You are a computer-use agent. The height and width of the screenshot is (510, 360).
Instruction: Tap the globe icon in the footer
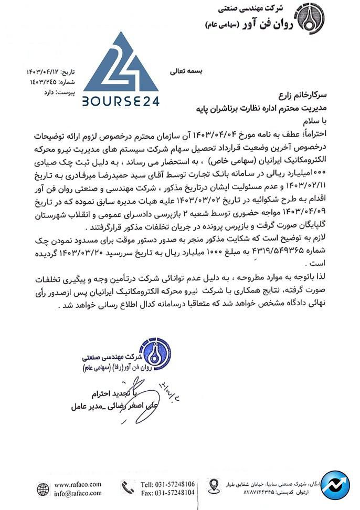(43, 489)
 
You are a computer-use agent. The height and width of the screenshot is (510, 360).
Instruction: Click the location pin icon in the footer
(214, 486)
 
